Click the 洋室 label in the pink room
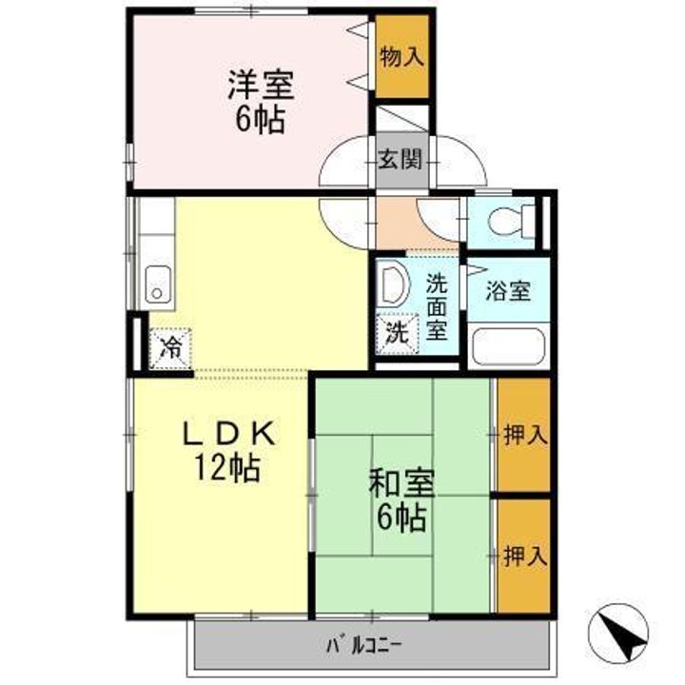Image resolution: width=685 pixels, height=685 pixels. tap(260, 85)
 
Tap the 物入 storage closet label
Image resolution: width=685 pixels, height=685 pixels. tap(401, 56)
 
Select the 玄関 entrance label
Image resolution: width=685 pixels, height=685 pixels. tap(400, 160)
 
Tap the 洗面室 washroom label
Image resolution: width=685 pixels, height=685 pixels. tap(437, 306)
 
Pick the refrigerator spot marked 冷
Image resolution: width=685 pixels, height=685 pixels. tap(170, 347)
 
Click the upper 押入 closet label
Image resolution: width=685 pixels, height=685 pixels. tap(524, 436)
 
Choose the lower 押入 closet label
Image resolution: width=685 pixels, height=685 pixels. tap(524, 556)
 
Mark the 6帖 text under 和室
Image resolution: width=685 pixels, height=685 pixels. tap(402, 519)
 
